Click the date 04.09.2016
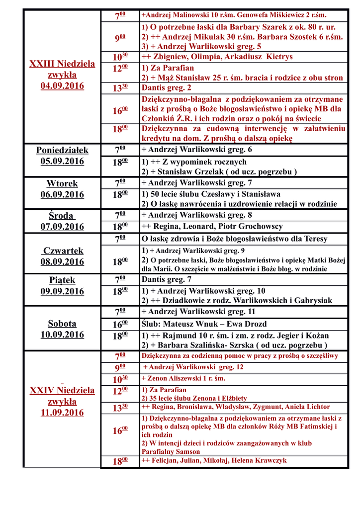coord(62,86)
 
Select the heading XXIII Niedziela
coord(62,64)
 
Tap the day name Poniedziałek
coord(62,150)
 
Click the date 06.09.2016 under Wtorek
coord(62,194)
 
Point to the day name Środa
coord(62,216)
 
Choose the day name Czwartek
coord(63,251)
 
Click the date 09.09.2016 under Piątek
coord(62,291)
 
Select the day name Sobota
coord(62,323)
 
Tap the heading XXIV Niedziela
coord(62,390)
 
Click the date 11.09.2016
coord(62,413)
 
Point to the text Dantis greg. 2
coord(167,88)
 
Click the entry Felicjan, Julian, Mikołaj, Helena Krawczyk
coord(214,461)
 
